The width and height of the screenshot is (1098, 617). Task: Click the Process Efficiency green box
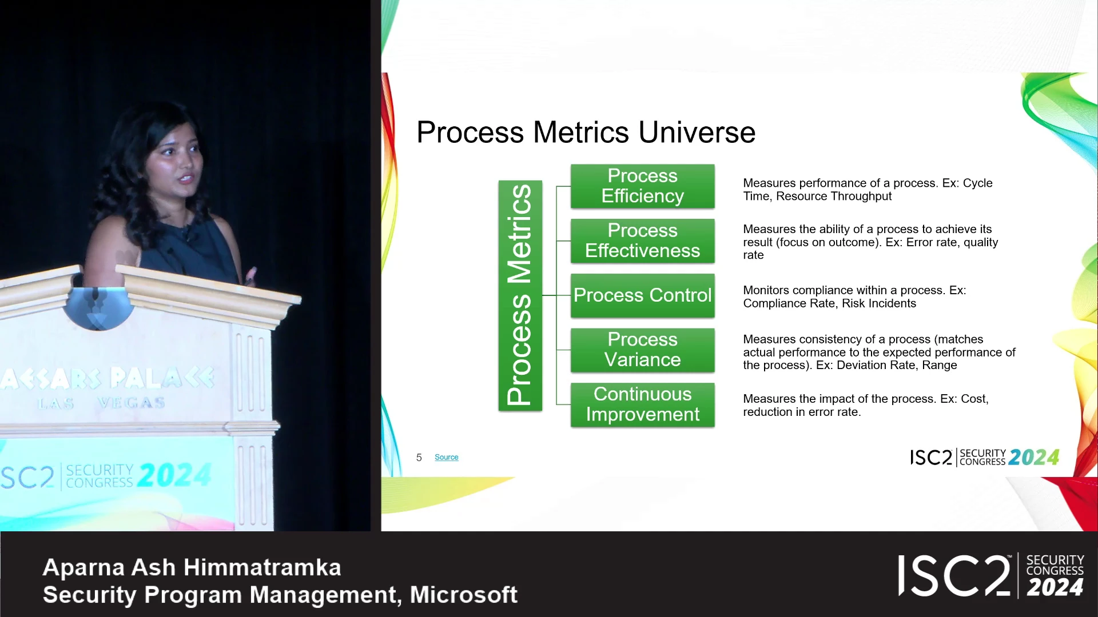point(642,186)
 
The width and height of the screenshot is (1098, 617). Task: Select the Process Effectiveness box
point(642,241)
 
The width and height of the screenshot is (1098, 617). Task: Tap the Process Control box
point(642,295)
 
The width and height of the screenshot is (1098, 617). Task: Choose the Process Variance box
point(642,350)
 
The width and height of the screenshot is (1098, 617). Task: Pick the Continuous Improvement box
point(642,404)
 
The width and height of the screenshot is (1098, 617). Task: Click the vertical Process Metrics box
point(520,295)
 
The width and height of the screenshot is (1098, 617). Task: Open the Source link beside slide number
point(446,457)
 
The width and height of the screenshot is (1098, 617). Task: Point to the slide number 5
point(419,458)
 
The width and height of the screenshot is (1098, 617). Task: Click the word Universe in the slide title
point(697,133)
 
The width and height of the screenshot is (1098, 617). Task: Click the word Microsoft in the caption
point(464,595)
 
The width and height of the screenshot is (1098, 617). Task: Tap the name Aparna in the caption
point(83,568)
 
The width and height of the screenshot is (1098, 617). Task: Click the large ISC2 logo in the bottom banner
point(954,576)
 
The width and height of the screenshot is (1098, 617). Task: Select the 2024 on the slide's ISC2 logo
point(1034,458)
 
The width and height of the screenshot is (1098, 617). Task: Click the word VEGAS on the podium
point(131,403)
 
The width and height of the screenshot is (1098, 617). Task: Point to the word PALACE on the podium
point(162,378)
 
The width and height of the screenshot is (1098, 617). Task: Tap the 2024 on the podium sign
point(175,475)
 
